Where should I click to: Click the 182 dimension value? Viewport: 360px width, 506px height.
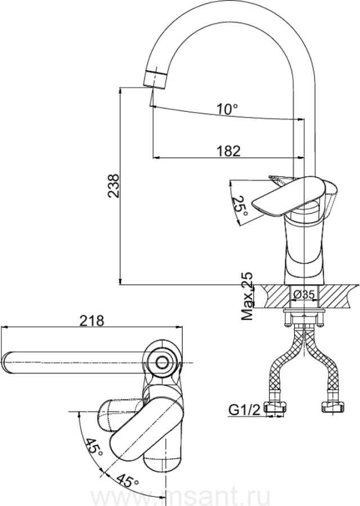tap(228, 151)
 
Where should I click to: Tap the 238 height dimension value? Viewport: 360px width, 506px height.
tap(114, 186)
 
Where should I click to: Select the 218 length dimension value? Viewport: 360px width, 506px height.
tap(92, 320)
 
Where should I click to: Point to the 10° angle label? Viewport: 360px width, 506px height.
tap(228, 109)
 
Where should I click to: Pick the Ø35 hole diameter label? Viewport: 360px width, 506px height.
tap(304, 294)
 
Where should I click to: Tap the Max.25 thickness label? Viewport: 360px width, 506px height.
tap(247, 296)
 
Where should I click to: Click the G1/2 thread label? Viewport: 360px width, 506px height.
tap(244, 410)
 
